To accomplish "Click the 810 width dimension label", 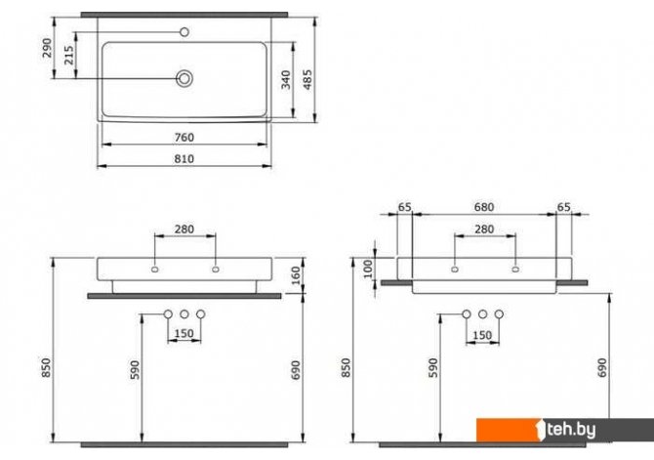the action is click(184, 159).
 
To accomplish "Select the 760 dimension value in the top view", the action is click(184, 138).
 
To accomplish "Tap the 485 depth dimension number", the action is click(307, 79).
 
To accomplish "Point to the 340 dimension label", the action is click(286, 80).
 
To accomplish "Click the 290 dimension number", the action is click(47, 48).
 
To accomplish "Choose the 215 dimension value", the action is click(69, 55).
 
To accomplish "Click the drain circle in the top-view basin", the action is click(184, 78).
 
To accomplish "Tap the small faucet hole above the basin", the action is click(184, 31).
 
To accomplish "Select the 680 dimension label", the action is click(484, 207).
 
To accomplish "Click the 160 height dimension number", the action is click(296, 276).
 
